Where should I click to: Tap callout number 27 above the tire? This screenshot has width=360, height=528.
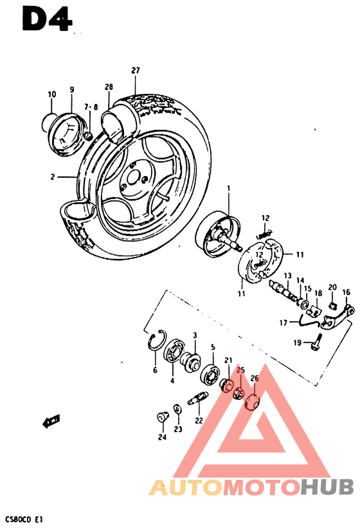pos(136,71)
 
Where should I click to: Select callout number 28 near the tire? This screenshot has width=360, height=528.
pos(109,87)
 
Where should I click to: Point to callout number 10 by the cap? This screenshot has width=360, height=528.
pos(51,94)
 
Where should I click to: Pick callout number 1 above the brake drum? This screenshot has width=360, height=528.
pos(228,188)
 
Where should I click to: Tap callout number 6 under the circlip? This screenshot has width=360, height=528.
pos(155,370)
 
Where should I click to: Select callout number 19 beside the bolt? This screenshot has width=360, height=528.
pos(298,342)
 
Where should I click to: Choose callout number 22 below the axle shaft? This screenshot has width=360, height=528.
pos(199,421)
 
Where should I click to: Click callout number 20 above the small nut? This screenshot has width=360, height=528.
pos(332,287)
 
